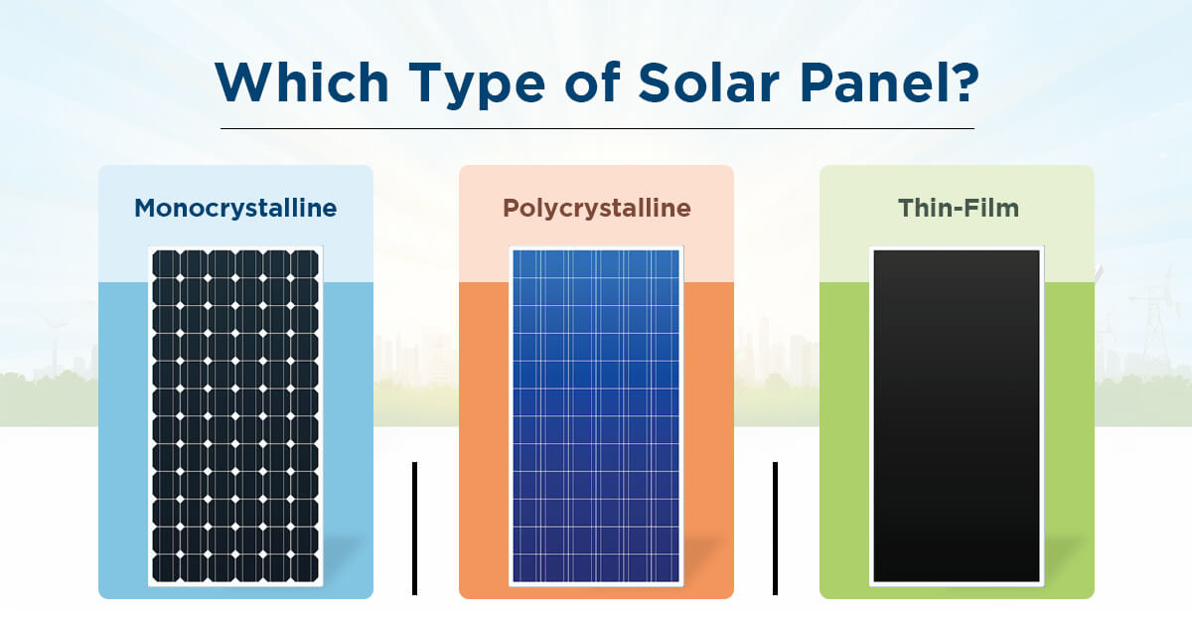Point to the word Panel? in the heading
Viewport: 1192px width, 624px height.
889,83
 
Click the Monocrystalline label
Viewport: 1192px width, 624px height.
235,209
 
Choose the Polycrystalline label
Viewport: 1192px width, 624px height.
596,209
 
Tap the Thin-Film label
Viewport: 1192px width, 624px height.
958,209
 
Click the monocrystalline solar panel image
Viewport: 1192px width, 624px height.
235,415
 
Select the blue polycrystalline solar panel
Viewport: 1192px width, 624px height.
596,415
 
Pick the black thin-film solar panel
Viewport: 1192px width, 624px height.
957,415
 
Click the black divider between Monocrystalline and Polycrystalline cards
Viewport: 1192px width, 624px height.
414,529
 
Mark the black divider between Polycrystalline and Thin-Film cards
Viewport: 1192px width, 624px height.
775,529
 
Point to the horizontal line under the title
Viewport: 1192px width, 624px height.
596,128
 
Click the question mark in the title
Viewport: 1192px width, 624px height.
963,83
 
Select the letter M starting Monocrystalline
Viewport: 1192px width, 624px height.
146,209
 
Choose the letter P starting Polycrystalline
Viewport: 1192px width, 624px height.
511,209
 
